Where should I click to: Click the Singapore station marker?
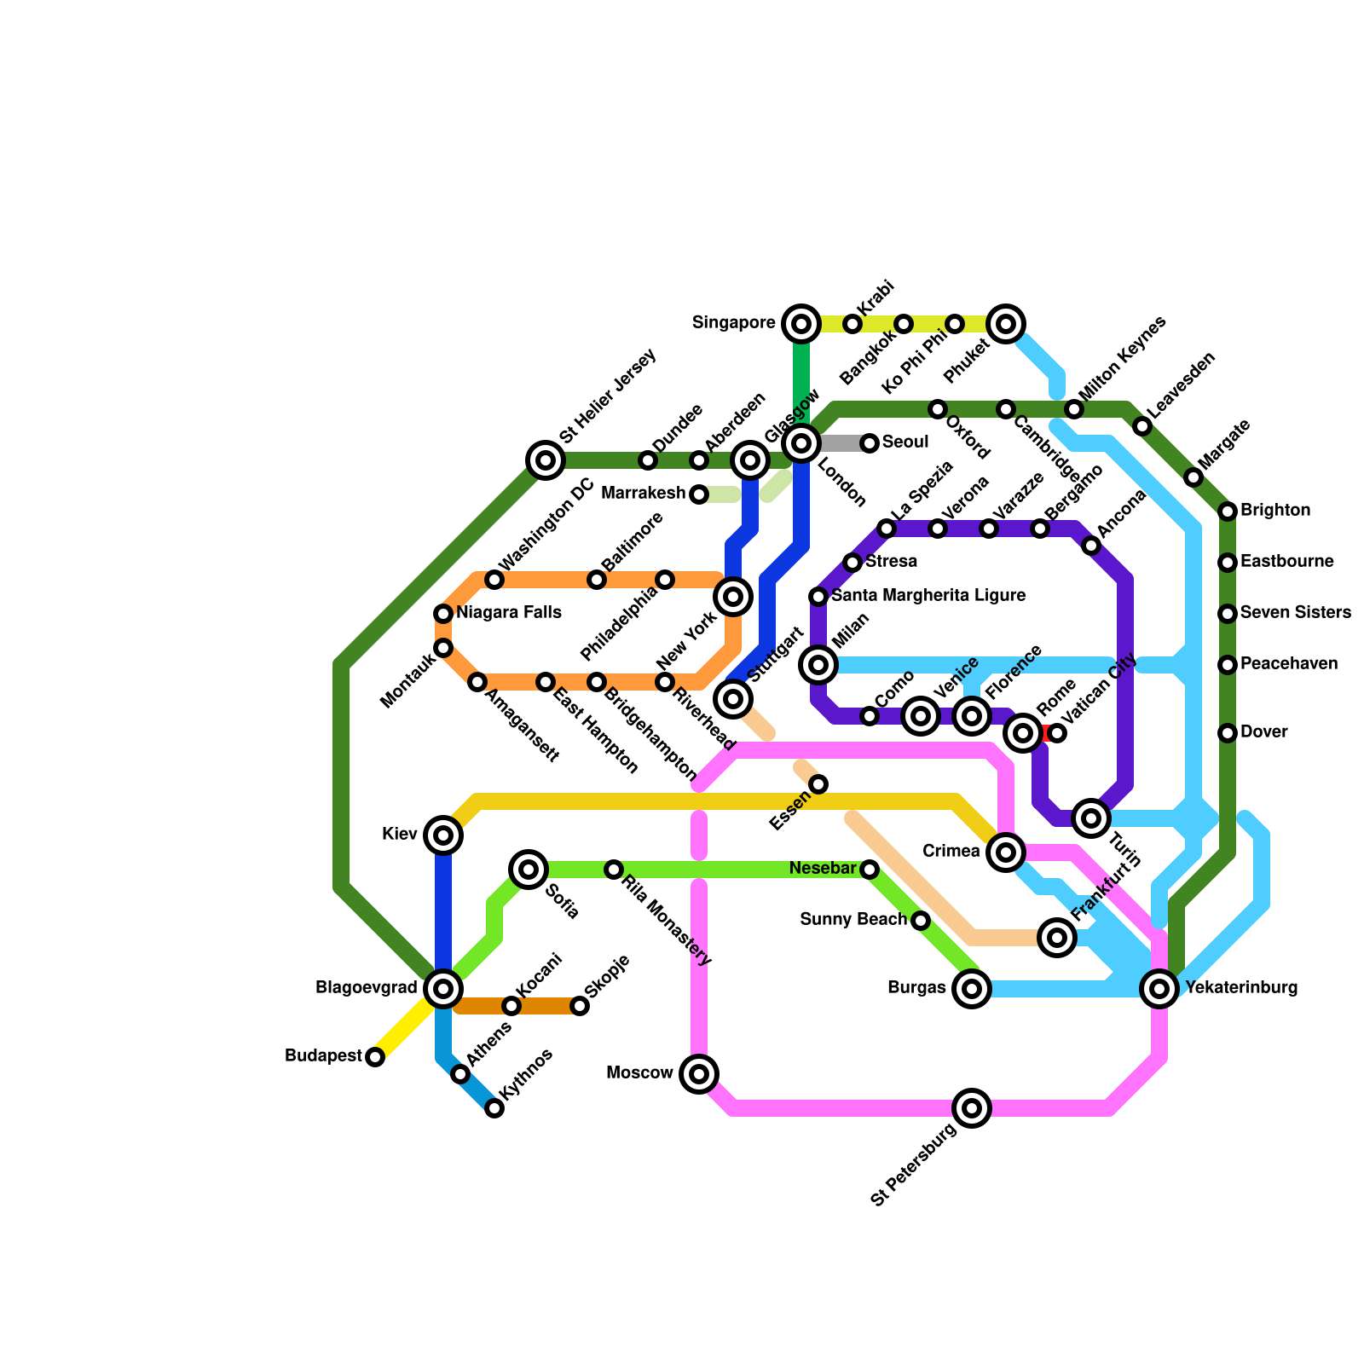click(801, 324)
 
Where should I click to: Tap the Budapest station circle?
click(375, 1057)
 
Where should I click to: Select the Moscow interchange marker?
click(699, 1074)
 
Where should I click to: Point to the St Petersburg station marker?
click(972, 1108)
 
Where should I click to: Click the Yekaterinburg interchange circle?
click(1159, 989)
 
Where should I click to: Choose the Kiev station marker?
click(443, 835)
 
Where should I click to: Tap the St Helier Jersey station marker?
click(546, 460)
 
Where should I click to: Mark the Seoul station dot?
click(870, 443)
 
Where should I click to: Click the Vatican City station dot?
click(1057, 733)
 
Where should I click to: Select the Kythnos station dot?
click(494, 1108)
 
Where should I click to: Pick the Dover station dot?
click(1228, 733)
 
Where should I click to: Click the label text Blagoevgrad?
click(366, 989)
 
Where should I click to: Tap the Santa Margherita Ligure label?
click(928, 596)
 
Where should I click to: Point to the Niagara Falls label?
click(508, 613)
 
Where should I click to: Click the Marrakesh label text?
click(643, 494)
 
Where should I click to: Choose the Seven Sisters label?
click(1295, 613)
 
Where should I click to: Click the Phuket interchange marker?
click(1006, 324)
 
